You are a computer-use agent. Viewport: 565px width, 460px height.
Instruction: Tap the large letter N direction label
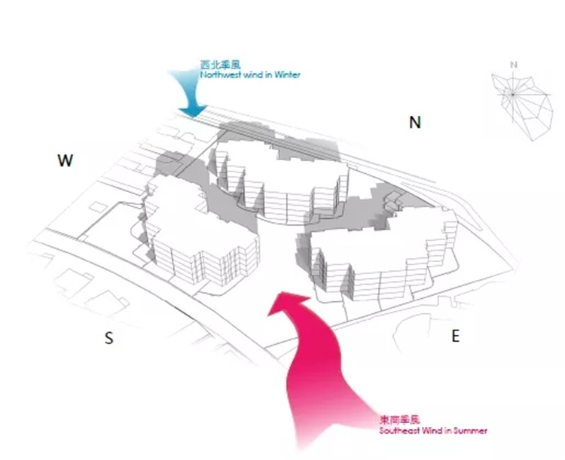click(414, 123)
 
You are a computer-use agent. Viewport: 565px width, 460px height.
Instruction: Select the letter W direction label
click(66, 160)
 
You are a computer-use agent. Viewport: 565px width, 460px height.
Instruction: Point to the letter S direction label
click(109, 339)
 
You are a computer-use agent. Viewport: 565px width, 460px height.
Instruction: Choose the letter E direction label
click(455, 336)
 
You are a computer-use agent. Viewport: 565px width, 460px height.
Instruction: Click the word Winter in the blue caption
click(286, 76)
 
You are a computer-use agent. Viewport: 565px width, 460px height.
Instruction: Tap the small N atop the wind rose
click(513, 64)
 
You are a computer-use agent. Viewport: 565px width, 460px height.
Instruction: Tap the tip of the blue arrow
click(194, 115)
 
